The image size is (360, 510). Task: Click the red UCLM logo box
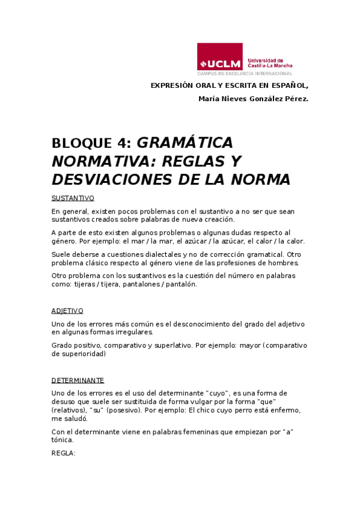(x=220, y=57)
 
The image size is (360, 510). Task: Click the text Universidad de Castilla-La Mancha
(x=270, y=63)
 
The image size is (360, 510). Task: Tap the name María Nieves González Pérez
(x=252, y=99)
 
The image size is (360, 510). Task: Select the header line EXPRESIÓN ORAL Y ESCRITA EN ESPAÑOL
(x=229, y=85)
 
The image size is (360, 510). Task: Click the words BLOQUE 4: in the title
(x=91, y=143)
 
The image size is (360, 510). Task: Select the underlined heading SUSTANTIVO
(x=73, y=198)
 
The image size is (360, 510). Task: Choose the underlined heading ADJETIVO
(x=67, y=311)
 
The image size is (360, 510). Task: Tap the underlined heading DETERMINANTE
(x=78, y=380)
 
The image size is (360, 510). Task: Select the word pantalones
(x=140, y=284)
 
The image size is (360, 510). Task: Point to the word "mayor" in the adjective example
(x=248, y=345)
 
